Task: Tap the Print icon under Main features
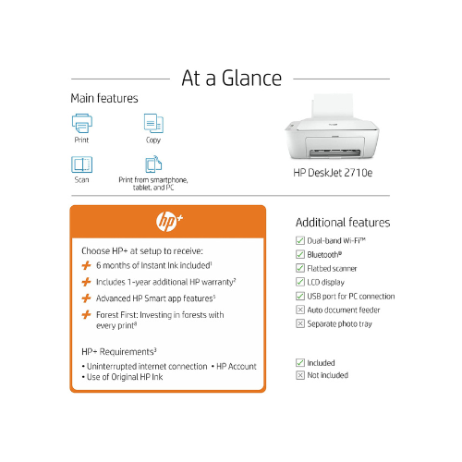pyautogui.click(x=82, y=124)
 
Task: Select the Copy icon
pyautogui.click(x=152, y=124)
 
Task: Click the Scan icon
pyautogui.click(x=82, y=164)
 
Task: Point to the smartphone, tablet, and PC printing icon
pyautogui.click(x=152, y=164)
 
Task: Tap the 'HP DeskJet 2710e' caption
pyautogui.click(x=328, y=172)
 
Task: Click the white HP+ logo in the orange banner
pyautogui.click(x=168, y=224)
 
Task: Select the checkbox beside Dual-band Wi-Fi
pyautogui.click(x=299, y=240)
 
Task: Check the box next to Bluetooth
pyautogui.click(x=299, y=254)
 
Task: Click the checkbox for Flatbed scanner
pyautogui.click(x=299, y=268)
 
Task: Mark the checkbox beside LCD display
pyautogui.click(x=299, y=282)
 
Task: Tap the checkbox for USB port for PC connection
pyautogui.click(x=299, y=296)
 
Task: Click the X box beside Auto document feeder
pyautogui.click(x=299, y=310)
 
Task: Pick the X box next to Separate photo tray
pyautogui.click(x=299, y=323)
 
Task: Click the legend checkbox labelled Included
pyautogui.click(x=299, y=363)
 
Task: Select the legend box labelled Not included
pyautogui.click(x=299, y=376)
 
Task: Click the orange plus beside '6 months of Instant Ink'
pyautogui.click(x=86, y=265)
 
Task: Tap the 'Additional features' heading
pyautogui.click(x=342, y=223)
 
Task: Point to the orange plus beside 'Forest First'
pyautogui.click(x=86, y=315)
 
